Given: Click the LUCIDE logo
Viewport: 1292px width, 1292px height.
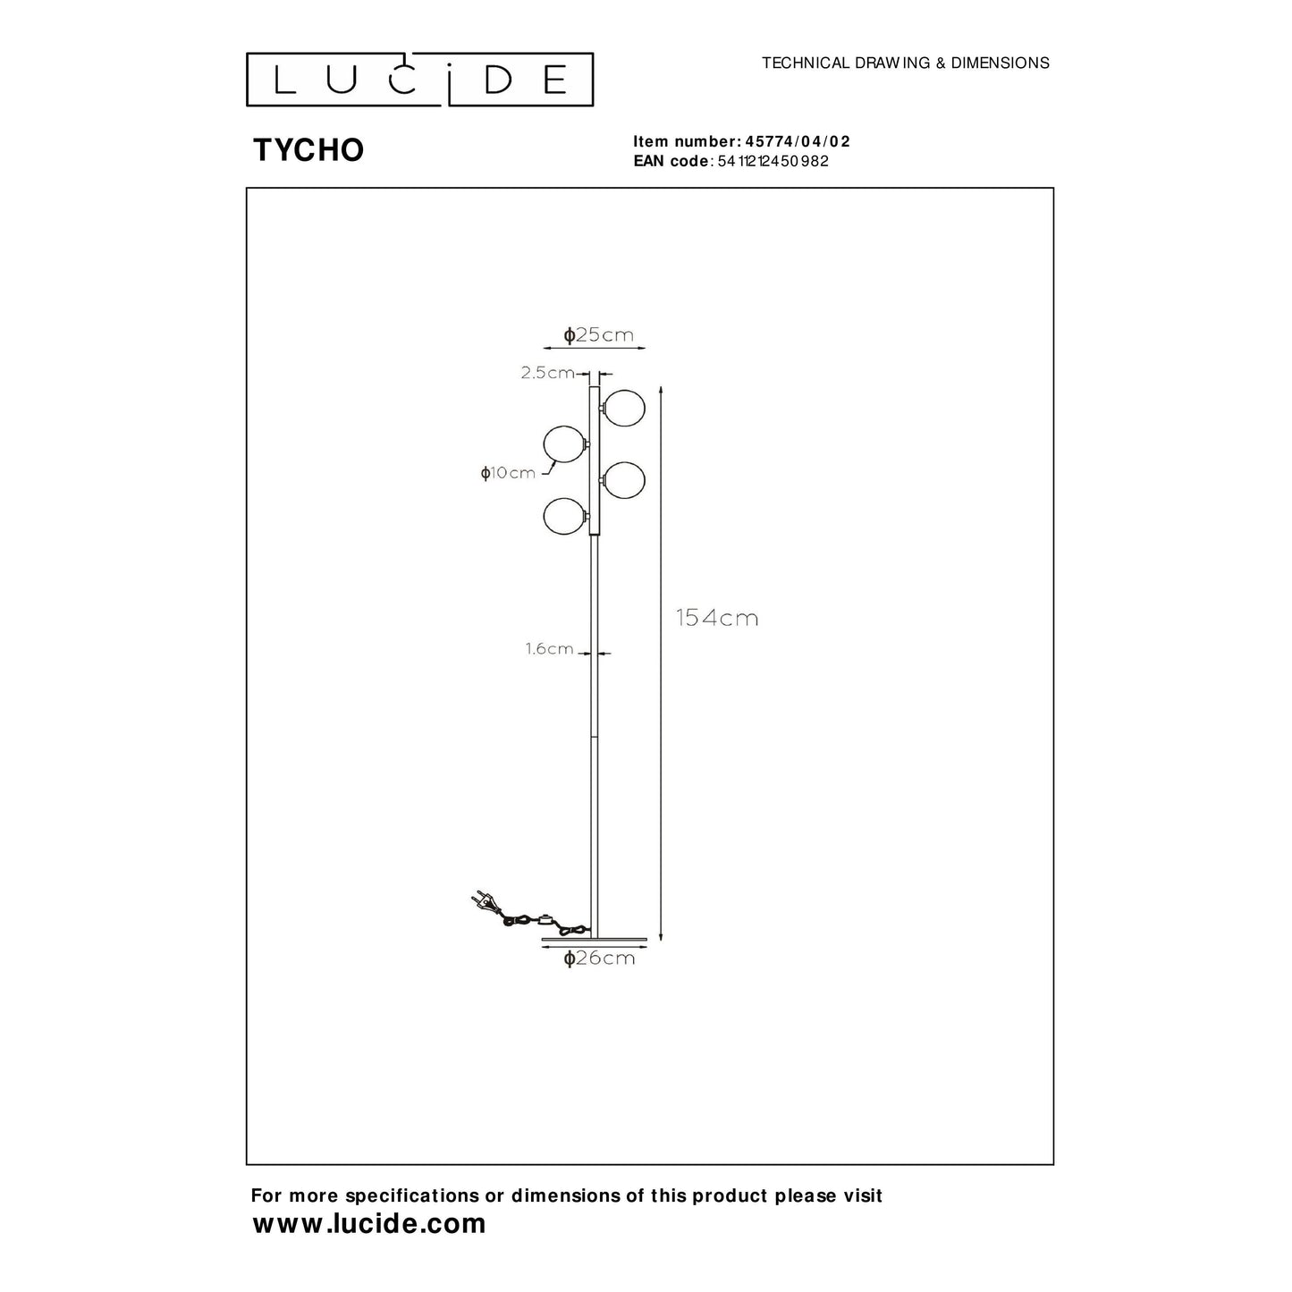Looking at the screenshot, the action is tap(419, 80).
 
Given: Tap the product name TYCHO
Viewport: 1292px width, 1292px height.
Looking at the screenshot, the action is tap(308, 150).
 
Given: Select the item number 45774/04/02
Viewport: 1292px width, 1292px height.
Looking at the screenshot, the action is tap(798, 141).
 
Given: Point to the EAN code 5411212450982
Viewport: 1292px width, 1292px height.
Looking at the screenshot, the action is tap(773, 161).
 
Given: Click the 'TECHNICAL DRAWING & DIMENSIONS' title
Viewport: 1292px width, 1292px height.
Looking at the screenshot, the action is tap(905, 63).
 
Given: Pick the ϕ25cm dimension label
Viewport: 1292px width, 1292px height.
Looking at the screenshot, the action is tap(598, 334).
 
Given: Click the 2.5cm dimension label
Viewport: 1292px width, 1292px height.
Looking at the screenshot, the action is tap(547, 373).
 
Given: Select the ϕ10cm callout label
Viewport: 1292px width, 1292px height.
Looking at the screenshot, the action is tap(508, 473).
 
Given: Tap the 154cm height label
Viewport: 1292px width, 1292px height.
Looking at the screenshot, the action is tap(717, 618).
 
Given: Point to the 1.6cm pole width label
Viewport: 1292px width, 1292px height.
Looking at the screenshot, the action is tap(549, 648).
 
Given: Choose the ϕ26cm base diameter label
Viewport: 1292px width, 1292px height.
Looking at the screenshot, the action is tap(599, 958).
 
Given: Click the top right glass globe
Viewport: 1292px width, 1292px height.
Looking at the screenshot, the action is tap(624, 408).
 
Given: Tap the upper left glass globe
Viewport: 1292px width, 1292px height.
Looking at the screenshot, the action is tap(564, 443).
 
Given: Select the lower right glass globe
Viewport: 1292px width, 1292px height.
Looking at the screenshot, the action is tap(624, 480).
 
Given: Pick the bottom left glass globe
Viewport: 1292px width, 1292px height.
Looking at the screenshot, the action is tap(564, 516).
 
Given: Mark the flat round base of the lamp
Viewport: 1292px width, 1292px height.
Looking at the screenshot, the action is tap(594, 940).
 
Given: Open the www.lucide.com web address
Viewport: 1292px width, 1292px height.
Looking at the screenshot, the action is tap(369, 1224).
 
